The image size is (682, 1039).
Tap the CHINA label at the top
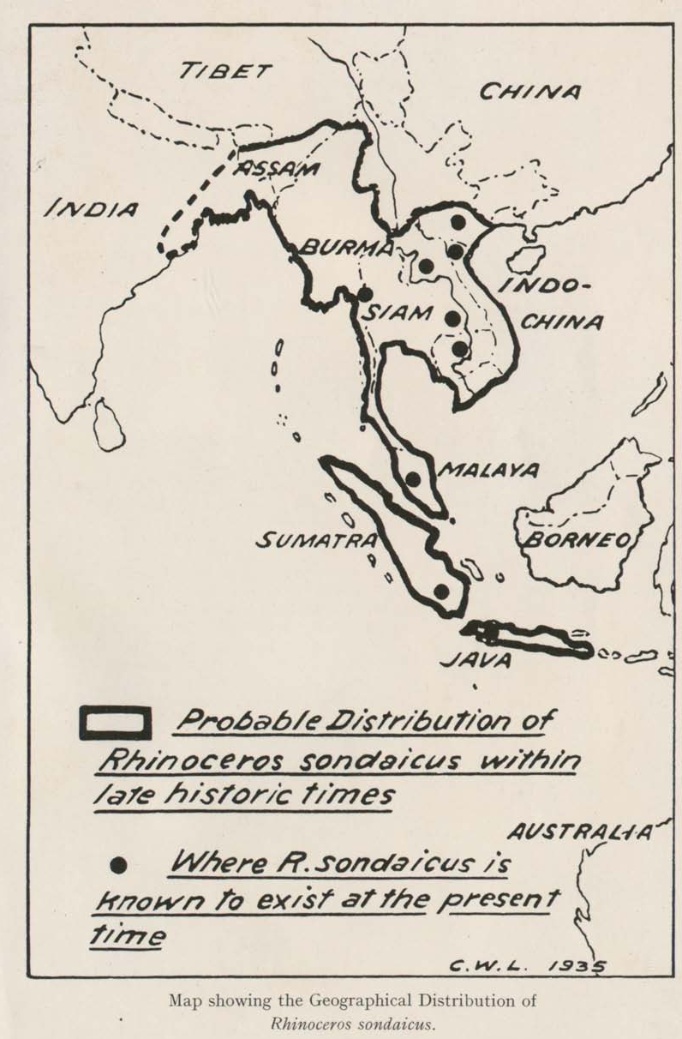pyautogui.click(x=529, y=91)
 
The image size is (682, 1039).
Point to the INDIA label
pyautogui.click(x=92, y=208)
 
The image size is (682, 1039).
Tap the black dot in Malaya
pyautogui.click(x=413, y=478)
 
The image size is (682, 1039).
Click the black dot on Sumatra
pyautogui.click(x=441, y=591)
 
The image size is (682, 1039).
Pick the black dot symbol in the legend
pyautogui.click(x=120, y=866)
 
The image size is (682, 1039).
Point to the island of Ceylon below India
pyautogui.click(x=109, y=426)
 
